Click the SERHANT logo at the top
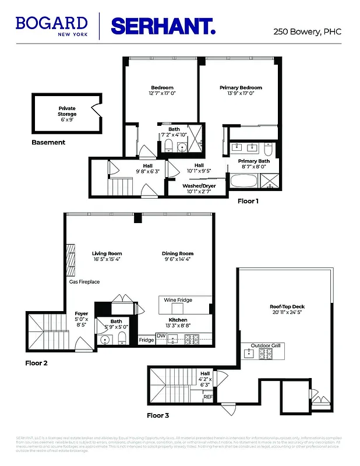coord(163,26)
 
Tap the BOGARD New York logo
coord(52,26)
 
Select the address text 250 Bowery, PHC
coord(307,33)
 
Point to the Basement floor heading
coord(48,142)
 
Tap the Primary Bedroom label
coord(241,87)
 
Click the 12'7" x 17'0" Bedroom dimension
coord(163,93)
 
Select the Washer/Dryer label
coord(199,186)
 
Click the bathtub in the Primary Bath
coord(245,181)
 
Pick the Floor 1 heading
coord(248,202)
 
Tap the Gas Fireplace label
coord(84,282)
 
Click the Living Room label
coord(107,253)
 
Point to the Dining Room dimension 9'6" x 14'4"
coord(178,260)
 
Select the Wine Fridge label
coord(178,300)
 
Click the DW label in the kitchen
coord(161,336)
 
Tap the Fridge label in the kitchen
coord(146,340)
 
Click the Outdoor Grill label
coord(266,345)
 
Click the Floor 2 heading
coord(36,363)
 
